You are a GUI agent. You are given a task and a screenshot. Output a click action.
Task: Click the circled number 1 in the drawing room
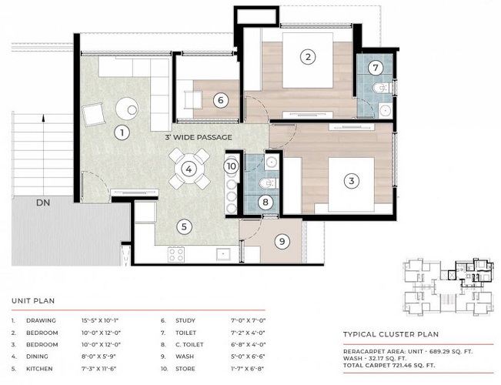[x=122, y=132]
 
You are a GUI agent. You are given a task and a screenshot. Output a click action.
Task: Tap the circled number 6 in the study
[x=220, y=100]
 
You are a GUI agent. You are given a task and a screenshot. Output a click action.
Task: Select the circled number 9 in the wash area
[x=282, y=241]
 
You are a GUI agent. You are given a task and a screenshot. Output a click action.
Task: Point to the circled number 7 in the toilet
[x=376, y=68]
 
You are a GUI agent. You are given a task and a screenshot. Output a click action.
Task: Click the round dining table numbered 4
[x=189, y=169]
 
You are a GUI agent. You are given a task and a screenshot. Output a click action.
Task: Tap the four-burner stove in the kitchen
[x=176, y=255]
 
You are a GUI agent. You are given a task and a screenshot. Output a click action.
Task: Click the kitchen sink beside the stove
[x=223, y=255]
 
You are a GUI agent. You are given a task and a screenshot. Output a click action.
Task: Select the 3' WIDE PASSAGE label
[x=199, y=138]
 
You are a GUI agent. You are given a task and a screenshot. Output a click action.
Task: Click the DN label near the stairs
[x=43, y=203]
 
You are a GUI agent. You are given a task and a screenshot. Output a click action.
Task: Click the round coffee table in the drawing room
[x=127, y=109]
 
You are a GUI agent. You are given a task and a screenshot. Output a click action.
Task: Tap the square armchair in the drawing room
[x=93, y=114]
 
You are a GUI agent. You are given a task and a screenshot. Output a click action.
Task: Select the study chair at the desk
[x=193, y=100]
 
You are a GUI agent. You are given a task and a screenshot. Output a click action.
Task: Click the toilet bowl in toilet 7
[x=380, y=87]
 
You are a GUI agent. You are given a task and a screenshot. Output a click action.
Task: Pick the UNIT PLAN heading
[x=33, y=301]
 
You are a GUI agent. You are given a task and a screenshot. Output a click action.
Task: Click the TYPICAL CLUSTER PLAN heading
[x=391, y=334]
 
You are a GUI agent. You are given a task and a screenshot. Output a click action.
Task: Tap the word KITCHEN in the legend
[x=39, y=369]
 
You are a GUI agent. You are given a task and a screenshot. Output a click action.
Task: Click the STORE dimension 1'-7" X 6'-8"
[x=249, y=369]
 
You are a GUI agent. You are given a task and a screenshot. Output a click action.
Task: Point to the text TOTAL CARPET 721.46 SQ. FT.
[x=389, y=365]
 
